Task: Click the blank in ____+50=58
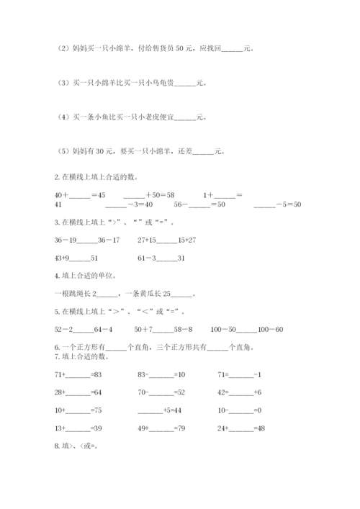click(134, 196)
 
